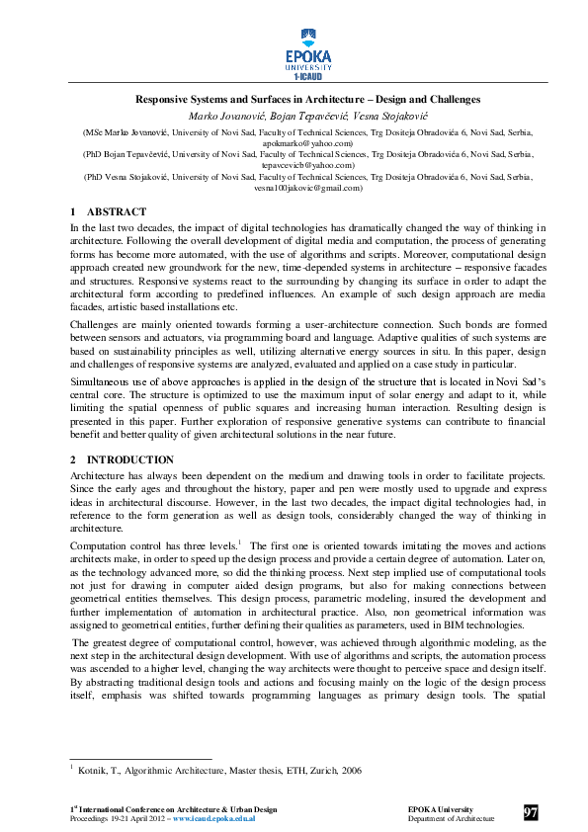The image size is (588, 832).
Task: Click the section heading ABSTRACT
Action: point(117,212)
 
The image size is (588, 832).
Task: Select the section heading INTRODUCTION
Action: point(130,459)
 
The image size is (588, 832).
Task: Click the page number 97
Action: point(531,813)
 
